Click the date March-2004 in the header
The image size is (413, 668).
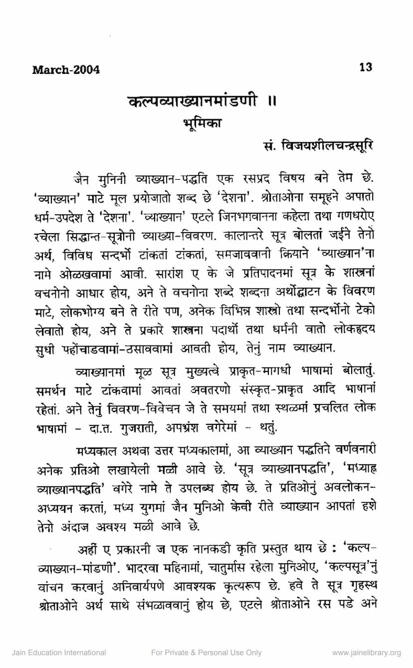(x=66, y=69)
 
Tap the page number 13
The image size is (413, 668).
(x=366, y=67)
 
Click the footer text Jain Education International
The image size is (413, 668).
(x=59, y=653)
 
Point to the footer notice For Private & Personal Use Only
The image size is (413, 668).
(x=206, y=653)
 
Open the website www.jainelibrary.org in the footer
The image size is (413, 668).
(x=366, y=653)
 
